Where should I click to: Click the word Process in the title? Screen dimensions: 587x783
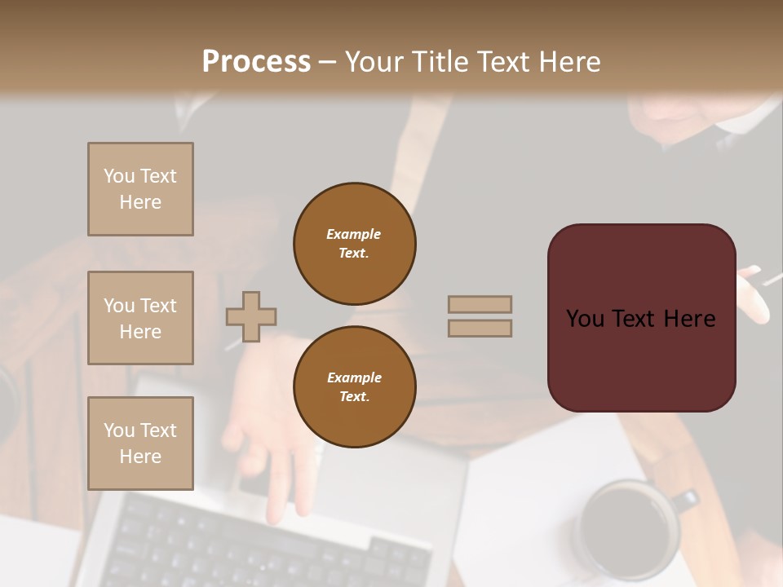[256, 62]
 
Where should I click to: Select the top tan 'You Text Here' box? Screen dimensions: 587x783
[140, 189]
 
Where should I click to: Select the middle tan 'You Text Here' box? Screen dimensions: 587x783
[140, 318]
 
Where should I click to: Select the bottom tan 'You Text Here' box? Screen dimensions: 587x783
[140, 443]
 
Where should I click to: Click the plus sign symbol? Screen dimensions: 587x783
[251, 316]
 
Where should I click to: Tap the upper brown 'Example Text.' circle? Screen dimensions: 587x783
[354, 243]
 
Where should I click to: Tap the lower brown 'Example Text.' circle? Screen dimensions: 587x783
[354, 386]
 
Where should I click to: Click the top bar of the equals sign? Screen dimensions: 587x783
[480, 305]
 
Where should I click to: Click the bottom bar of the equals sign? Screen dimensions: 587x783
[480, 328]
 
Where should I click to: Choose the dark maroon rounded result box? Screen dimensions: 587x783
[641, 318]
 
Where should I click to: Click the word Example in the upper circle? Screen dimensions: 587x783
[353, 234]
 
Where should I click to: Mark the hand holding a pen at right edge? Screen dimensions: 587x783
[754, 293]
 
